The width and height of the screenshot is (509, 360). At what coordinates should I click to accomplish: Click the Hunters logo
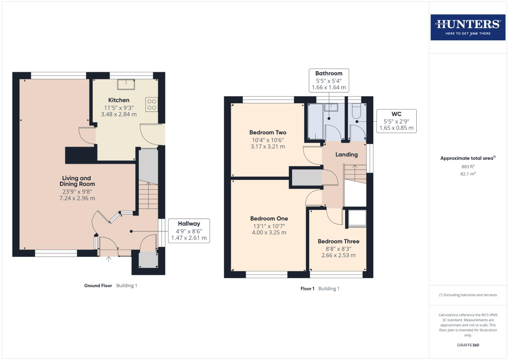[468, 27]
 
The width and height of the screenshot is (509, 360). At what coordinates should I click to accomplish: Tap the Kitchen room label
[119, 100]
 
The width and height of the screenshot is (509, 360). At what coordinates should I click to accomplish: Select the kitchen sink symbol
[126, 84]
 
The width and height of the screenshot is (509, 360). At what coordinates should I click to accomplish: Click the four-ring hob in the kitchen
[152, 104]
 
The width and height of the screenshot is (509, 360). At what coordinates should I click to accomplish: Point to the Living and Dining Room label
[77, 181]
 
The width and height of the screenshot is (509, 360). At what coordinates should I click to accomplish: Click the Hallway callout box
[189, 231]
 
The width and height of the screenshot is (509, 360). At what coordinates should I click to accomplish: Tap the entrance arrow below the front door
[109, 259]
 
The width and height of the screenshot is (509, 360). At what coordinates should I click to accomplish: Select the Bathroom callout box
[329, 80]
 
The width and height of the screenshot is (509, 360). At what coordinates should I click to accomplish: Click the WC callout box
[396, 121]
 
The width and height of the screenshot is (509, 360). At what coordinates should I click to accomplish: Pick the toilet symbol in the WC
[356, 111]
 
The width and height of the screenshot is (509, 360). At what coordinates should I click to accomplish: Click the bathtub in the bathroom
[315, 121]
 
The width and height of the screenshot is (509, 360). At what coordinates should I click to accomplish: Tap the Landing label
[346, 155]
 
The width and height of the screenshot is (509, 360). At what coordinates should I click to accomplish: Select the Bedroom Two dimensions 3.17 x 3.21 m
[268, 147]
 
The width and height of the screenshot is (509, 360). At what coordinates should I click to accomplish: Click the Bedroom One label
[269, 219]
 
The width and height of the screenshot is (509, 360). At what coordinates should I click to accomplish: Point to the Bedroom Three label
[338, 241]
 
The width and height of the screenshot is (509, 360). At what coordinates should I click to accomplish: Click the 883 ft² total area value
[468, 167]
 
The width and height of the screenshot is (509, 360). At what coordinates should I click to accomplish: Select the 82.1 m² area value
[468, 174]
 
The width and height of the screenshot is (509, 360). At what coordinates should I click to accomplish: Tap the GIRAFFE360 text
[468, 345]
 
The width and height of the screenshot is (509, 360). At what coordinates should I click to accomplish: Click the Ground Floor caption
[98, 286]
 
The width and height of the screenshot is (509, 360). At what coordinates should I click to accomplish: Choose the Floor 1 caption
[307, 289]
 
